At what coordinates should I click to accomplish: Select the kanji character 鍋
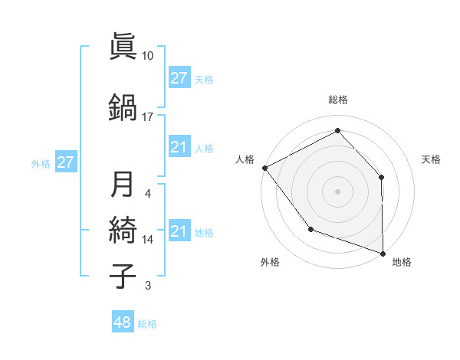click(x=123, y=106)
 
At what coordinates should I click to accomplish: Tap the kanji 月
click(x=123, y=184)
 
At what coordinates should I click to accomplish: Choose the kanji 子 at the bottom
click(x=123, y=276)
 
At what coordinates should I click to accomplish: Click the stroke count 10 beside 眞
click(x=148, y=56)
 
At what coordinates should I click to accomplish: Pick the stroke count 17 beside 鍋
click(x=148, y=116)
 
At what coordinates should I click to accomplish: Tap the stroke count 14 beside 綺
click(x=148, y=240)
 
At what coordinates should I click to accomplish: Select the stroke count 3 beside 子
click(x=148, y=286)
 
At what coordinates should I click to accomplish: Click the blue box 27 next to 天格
click(x=179, y=78)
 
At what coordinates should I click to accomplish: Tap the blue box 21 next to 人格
click(x=179, y=147)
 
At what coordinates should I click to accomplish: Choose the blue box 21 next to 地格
click(x=179, y=232)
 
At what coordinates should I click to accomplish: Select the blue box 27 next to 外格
click(x=66, y=162)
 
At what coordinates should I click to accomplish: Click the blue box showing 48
click(x=123, y=322)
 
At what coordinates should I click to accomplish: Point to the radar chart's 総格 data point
click(x=337, y=130)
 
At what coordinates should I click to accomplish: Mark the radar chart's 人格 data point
click(x=264, y=168)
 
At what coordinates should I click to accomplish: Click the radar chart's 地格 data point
click(x=383, y=253)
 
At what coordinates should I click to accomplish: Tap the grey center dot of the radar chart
click(x=337, y=191)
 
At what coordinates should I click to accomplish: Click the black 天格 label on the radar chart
click(x=432, y=159)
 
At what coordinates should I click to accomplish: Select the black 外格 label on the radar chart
click(x=270, y=262)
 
